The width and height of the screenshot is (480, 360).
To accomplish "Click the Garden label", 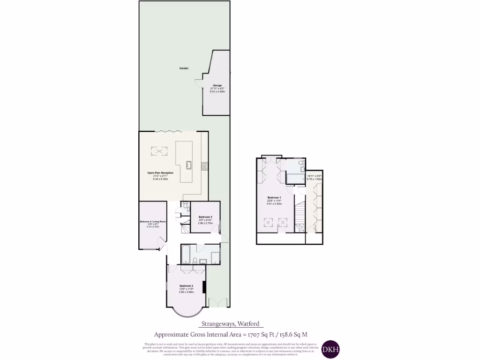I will click(184, 68).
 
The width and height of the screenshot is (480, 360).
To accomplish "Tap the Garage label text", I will click(217, 85).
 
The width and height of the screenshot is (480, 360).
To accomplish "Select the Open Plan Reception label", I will click(160, 172).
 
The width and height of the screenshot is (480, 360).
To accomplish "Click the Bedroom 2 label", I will click(186, 286).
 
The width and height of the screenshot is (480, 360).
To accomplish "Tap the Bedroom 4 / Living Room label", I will click(153, 221).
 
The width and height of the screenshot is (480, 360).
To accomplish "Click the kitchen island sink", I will click(188, 165).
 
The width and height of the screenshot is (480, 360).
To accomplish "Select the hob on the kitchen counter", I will click(204, 165).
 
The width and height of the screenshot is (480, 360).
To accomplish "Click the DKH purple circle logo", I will click(330, 349).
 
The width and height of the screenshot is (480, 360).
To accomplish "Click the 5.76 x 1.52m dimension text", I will click(314, 179).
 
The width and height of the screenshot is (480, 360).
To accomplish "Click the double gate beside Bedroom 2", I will click(218, 302).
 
